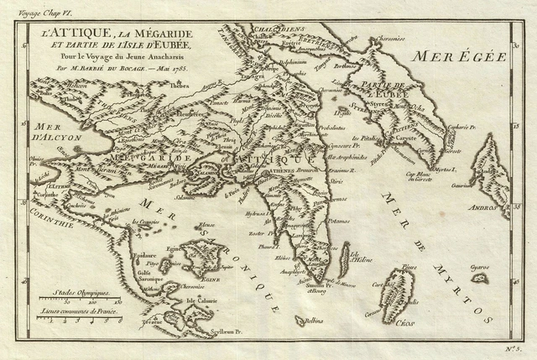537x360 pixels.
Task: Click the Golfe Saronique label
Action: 170,274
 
